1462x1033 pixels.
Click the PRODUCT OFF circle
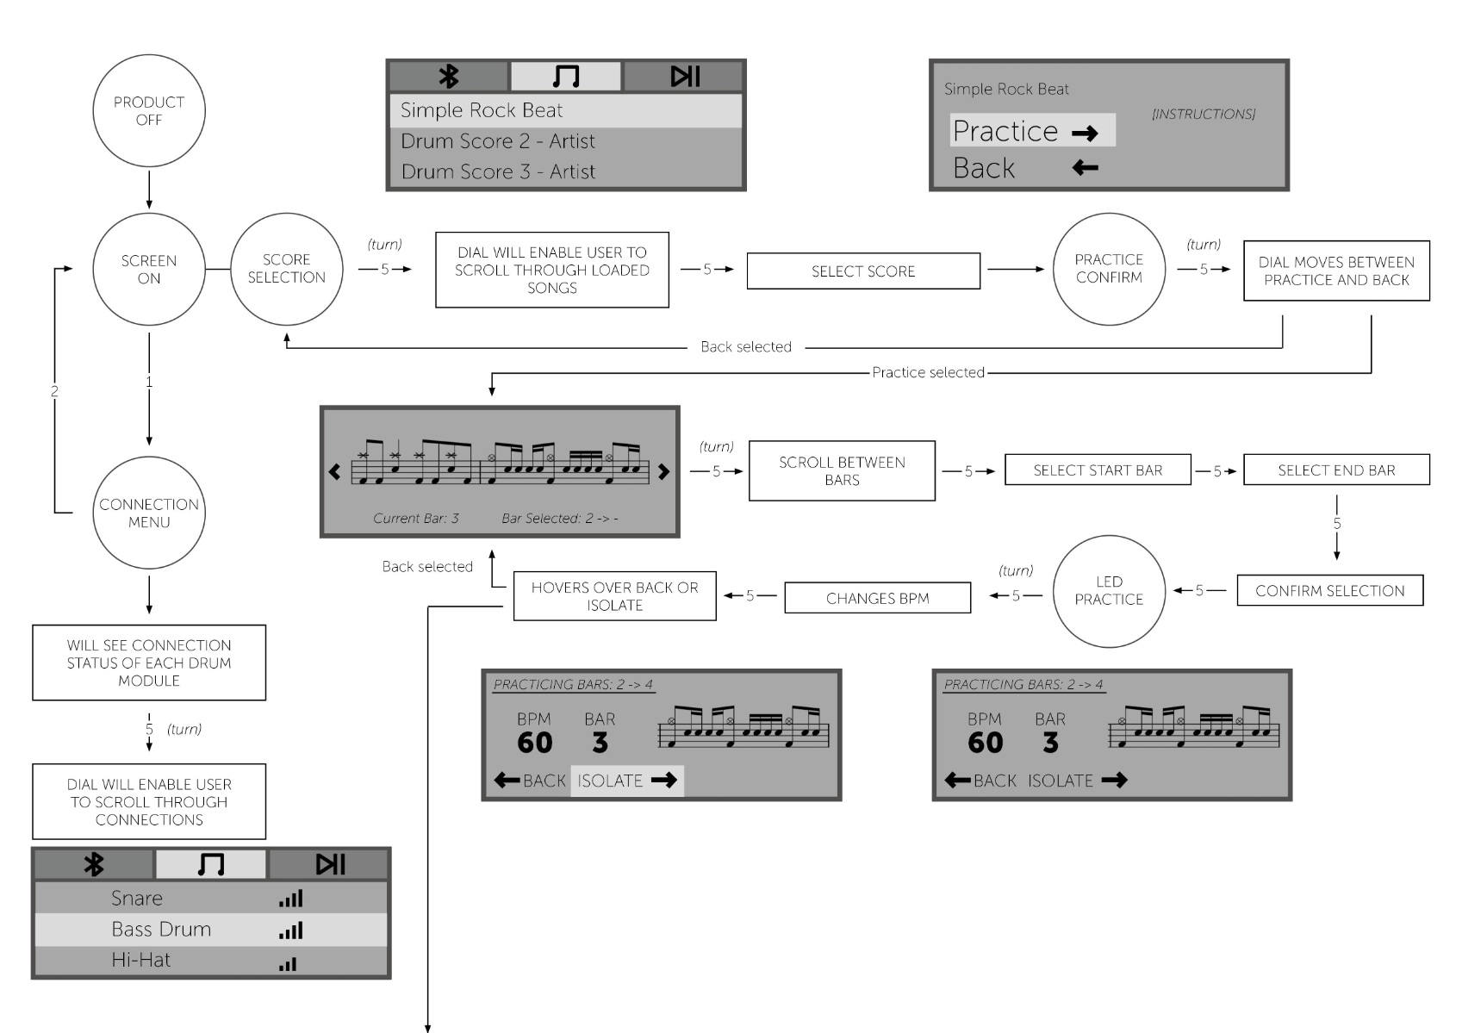click(x=149, y=110)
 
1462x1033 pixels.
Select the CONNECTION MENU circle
click(x=149, y=513)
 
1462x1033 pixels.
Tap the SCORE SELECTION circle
click(x=287, y=269)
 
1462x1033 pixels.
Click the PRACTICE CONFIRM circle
click(x=1109, y=269)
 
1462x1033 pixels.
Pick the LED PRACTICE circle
click(x=1109, y=591)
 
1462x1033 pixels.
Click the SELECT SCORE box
click(x=863, y=271)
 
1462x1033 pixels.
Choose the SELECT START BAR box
click(x=1098, y=470)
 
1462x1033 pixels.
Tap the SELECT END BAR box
click(x=1336, y=470)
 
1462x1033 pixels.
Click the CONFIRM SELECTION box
click(x=1329, y=590)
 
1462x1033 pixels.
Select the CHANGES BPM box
click(x=877, y=598)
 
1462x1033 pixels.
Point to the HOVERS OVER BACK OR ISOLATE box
click(x=614, y=596)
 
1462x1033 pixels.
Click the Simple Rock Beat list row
click(x=566, y=110)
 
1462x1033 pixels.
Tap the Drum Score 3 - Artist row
click(x=566, y=171)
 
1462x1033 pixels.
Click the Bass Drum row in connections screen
click(x=211, y=929)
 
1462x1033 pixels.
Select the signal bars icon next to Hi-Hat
click(x=289, y=963)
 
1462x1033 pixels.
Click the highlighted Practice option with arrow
click(x=1032, y=131)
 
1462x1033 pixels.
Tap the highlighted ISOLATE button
click(x=626, y=781)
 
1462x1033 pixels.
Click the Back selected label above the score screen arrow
click(x=427, y=566)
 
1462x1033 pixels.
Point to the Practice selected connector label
click(x=928, y=372)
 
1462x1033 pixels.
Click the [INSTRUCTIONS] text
click(x=1204, y=114)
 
